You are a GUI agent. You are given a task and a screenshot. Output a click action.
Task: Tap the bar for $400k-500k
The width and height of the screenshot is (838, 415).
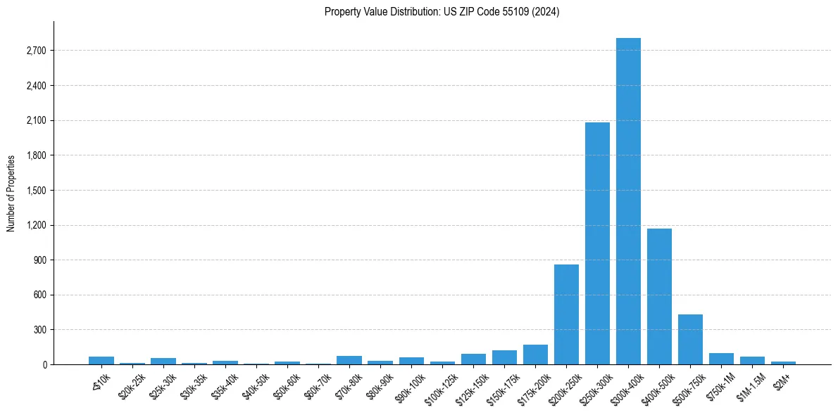(659, 296)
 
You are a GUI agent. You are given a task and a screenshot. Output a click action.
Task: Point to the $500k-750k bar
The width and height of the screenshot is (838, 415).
(690, 339)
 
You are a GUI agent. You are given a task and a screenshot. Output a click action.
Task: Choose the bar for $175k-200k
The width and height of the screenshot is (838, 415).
(535, 355)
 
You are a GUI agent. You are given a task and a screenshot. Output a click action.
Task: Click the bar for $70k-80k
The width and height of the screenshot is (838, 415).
(349, 360)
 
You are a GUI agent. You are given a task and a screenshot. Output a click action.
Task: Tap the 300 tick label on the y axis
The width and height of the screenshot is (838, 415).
(39, 330)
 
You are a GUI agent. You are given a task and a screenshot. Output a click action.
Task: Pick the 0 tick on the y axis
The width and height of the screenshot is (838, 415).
(44, 364)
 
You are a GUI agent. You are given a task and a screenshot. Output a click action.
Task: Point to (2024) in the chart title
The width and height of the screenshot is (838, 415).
(546, 12)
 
